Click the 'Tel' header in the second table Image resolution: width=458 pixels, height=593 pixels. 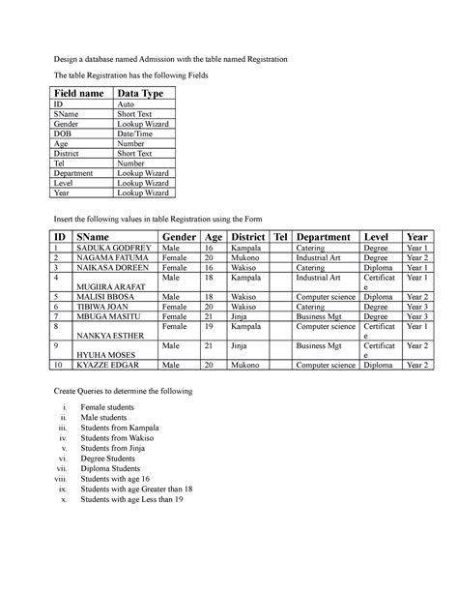[x=281, y=237]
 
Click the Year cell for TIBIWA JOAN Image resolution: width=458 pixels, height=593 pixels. [x=417, y=308]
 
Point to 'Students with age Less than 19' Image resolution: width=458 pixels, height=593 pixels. [x=132, y=500]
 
